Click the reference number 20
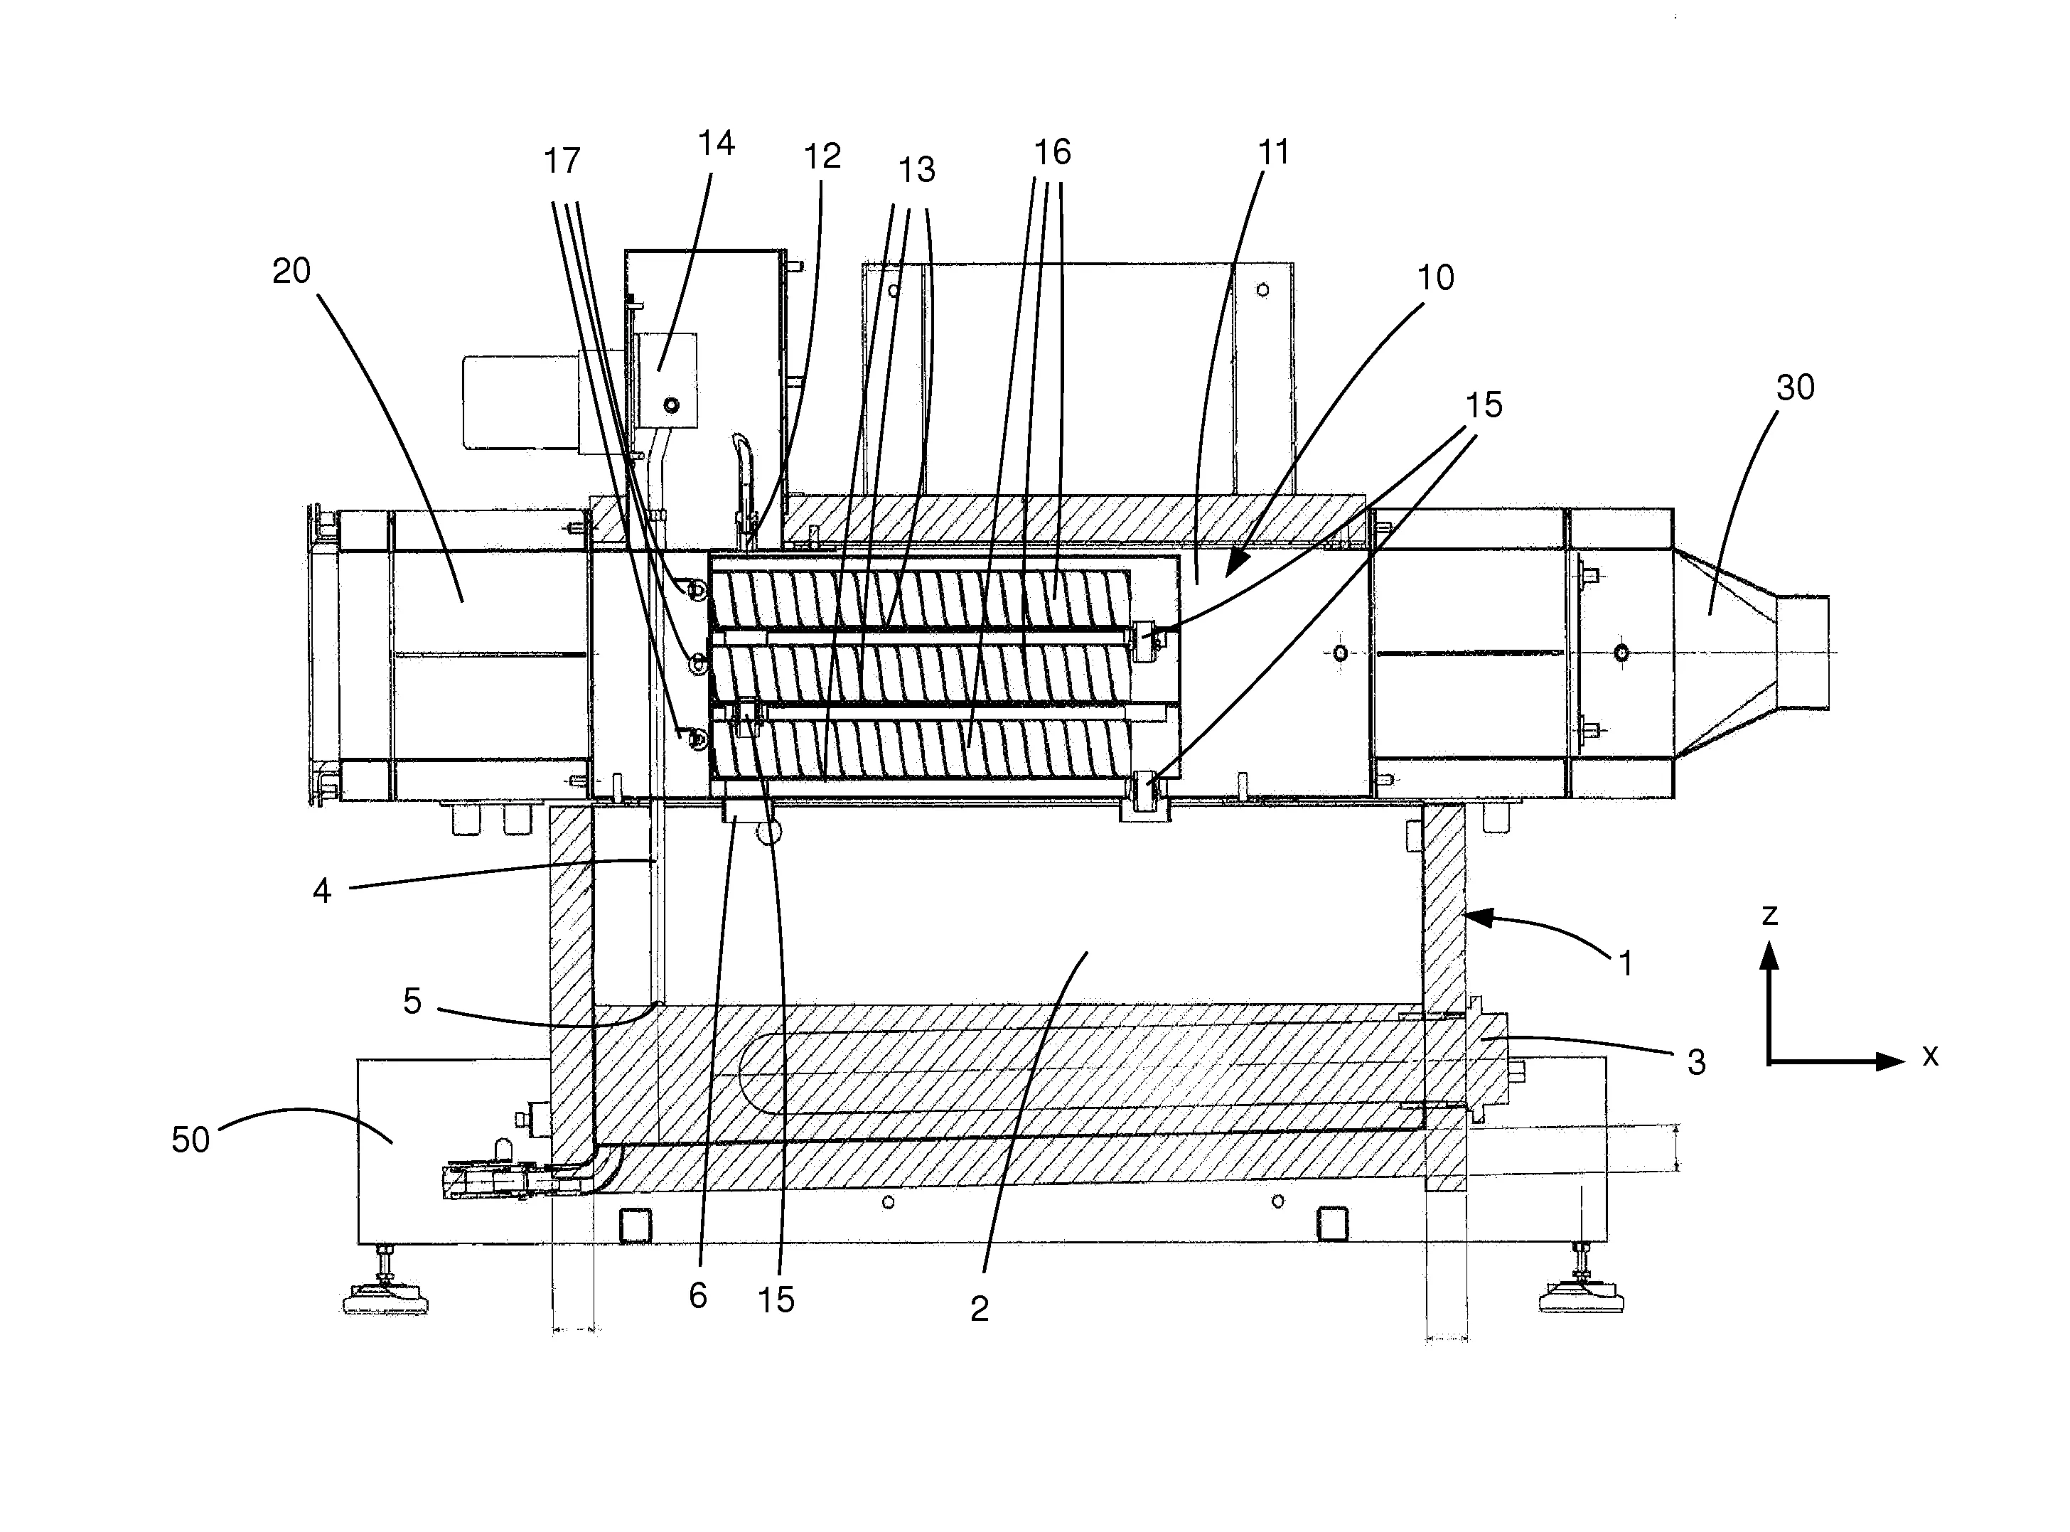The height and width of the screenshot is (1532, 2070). coord(291,272)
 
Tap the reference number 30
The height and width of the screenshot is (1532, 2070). coord(1795,387)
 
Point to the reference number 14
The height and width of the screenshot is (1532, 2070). coord(716,144)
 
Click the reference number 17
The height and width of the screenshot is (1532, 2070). coord(562,161)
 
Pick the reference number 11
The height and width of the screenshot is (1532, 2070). coord(1273,152)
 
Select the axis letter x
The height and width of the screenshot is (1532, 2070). coord(1930,1055)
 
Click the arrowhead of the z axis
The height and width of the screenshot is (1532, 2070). coord(1769,955)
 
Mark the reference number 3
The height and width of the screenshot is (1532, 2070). coord(1696,1063)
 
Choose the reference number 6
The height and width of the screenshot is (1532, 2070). coord(697,1295)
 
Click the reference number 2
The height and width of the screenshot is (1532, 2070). coord(980,1309)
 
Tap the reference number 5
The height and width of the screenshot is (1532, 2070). coord(413,1002)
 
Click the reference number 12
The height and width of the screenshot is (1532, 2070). coord(822,156)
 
